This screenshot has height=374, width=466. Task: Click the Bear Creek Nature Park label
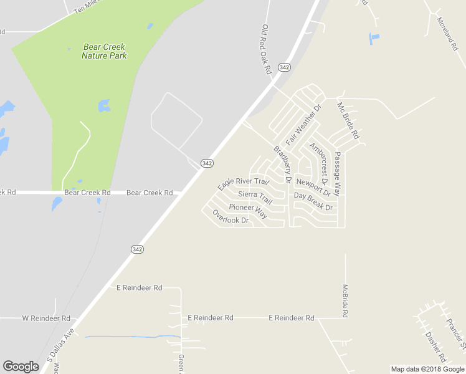(x=104, y=51)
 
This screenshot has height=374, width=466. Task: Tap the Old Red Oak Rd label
(x=267, y=50)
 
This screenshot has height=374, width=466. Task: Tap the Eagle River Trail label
(x=243, y=185)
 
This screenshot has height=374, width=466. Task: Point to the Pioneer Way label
(x=247, y=210)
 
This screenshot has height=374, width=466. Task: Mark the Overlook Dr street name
(x=231, y=216)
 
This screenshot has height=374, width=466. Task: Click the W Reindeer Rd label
(x=46, y=318)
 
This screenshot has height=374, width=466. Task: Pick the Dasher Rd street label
(x=435, y=347)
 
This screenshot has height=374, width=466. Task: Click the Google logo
(x=21, y=367)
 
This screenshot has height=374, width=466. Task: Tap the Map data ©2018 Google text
(x=428, y=369)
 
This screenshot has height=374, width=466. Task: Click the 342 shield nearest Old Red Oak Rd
(x=285, y=67)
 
